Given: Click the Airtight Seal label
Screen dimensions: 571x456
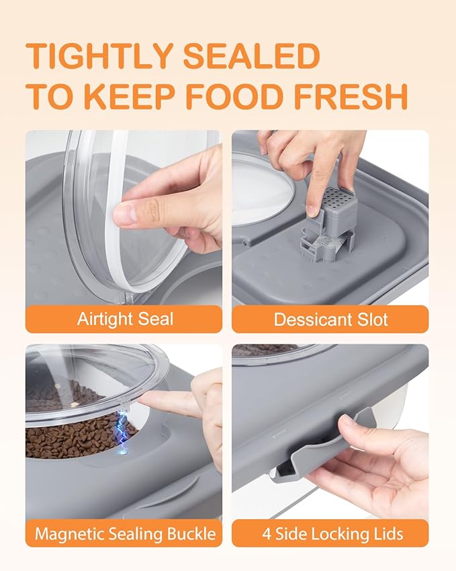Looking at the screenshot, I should (124, 319).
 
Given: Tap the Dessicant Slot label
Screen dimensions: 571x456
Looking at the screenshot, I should (330, 319).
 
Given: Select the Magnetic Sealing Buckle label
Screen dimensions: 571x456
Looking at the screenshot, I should (124, 534).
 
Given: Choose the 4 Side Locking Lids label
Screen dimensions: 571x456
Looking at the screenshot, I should (330, 534).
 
